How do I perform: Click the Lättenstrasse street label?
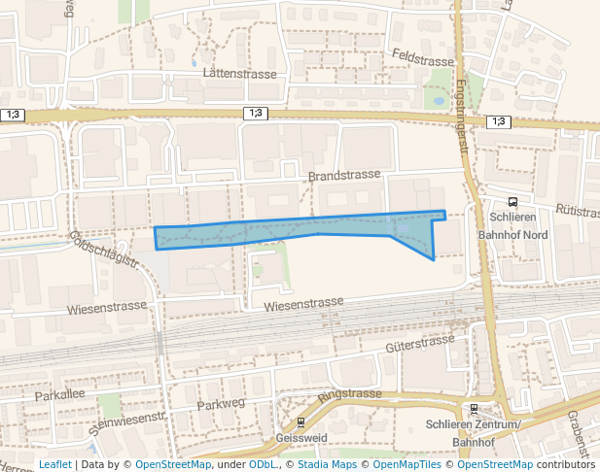[x=240, y=74]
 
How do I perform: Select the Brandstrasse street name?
[x=343, y=177]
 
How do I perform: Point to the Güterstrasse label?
[x=420, y=343]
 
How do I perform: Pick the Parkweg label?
[x=221, y=403]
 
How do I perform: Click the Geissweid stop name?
[x=300, y=439]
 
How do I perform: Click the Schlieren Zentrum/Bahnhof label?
[x=474, y=433]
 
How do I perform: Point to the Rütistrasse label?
[x=577, y=210]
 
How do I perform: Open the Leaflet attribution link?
[x=54, y=464]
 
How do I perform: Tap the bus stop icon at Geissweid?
[x=300, y=423]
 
